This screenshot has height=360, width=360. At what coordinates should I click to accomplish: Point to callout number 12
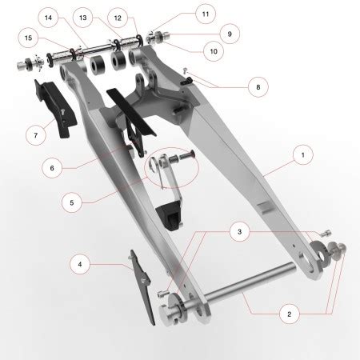tap(118, 17)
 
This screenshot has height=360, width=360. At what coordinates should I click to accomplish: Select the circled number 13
tap(83, 17)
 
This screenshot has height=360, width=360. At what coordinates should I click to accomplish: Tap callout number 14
tap(49, 17)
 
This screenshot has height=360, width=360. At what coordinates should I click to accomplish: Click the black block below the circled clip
tap(170, 214)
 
